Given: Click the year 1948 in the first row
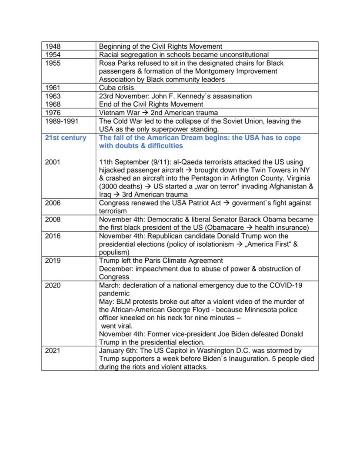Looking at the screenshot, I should point(53,46).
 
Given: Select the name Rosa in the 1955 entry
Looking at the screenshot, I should point(108,63).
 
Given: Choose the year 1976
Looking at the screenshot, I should point(53,113).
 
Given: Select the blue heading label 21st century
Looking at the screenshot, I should point(66,137).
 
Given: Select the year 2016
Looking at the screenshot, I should point(53,236).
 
